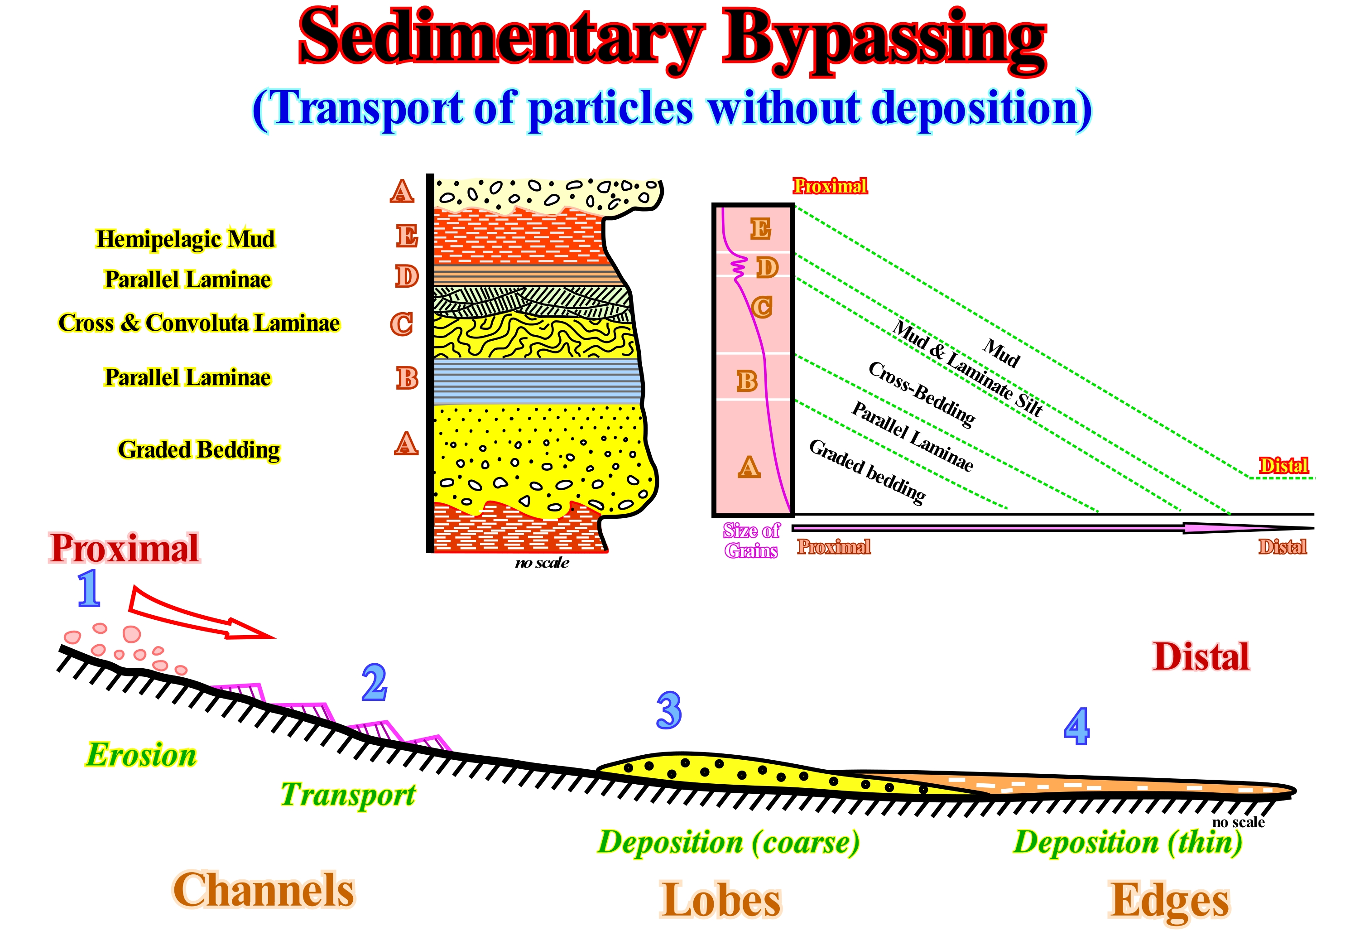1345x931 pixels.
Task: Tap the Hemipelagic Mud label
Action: (x=185, y=239)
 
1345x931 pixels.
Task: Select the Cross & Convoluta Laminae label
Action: (x=199, y=323)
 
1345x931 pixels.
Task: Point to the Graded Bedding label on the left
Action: (x=199, y=450)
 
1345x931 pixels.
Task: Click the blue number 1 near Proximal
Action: (x=89, y=589)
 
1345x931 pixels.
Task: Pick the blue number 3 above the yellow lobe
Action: (x=669, y=710)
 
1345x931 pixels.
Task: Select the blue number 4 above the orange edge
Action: (x=1076, y=726)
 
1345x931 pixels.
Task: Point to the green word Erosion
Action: (x=142, y=755)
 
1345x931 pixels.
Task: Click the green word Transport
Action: (x=348, y=795)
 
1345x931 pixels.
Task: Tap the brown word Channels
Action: (x=264, y=890)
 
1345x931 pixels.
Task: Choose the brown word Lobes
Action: (x=721, y=901)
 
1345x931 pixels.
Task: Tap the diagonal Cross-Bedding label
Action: (x=921, y=394)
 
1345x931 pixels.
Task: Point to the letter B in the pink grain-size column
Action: (x=747, y=381)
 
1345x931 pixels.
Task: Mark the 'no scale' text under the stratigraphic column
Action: (x=542, y=563)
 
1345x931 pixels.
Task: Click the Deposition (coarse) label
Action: (x=728, y=842)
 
